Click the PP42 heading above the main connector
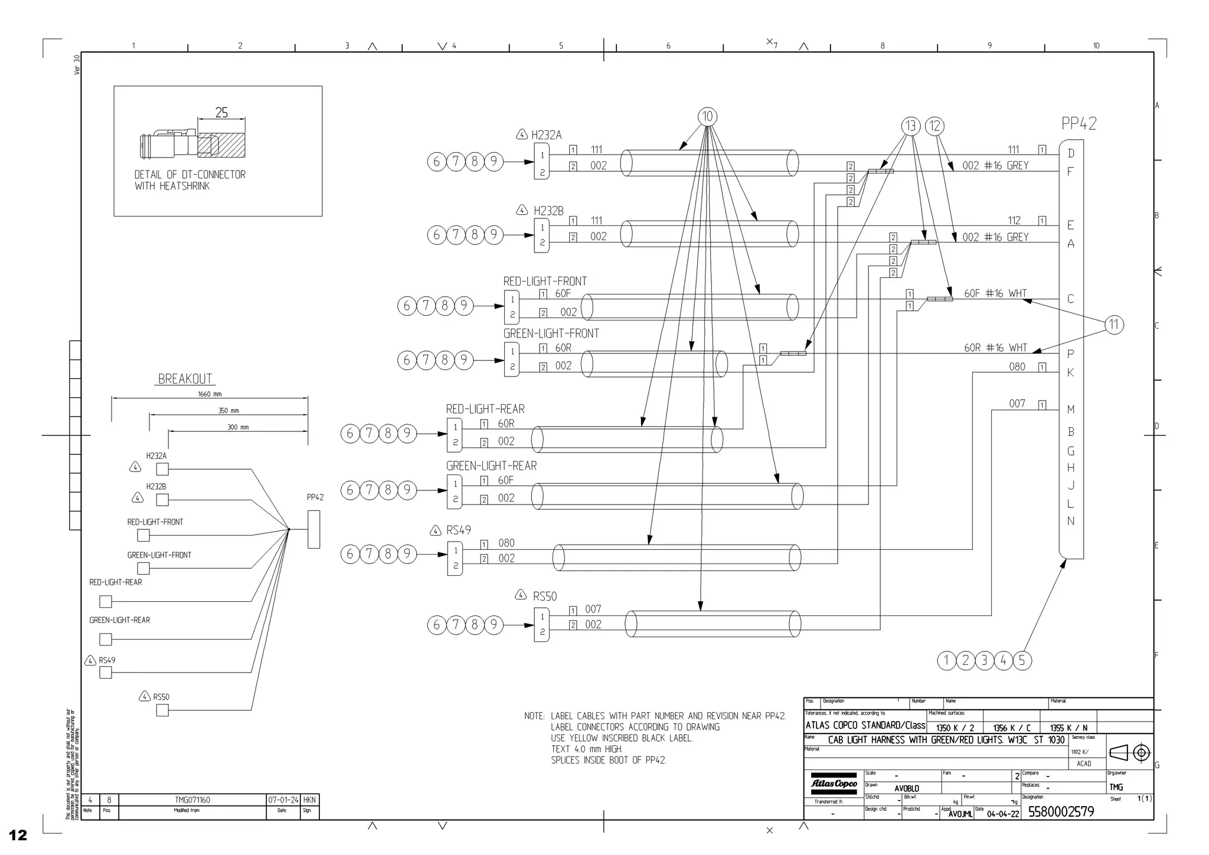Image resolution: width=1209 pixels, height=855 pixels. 1079,124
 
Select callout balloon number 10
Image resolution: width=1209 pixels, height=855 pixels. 707,117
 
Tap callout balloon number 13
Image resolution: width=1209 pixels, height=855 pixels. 911,126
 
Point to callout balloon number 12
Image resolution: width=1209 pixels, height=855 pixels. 934,126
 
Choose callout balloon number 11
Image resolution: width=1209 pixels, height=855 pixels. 1114,325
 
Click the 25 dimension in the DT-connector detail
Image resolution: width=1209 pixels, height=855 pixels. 221,112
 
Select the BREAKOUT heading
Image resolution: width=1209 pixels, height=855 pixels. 185,379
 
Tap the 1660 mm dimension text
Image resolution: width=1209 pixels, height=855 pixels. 210,394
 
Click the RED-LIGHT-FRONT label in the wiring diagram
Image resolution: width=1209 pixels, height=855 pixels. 545,281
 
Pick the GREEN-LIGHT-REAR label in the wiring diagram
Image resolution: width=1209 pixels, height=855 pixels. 491,466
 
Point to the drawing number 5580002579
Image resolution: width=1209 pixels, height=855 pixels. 1061,812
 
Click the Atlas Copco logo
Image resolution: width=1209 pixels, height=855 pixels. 833,784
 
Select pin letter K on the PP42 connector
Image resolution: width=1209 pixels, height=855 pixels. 1071,373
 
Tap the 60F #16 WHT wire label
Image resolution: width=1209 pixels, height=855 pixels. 995,293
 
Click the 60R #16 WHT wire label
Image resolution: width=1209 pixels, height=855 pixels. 995,348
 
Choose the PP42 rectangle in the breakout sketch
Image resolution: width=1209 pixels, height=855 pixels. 313,529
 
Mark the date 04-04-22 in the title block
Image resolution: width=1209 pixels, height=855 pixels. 1002,814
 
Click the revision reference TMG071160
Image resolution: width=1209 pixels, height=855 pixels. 192,800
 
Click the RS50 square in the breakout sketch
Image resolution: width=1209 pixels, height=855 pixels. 162,710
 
